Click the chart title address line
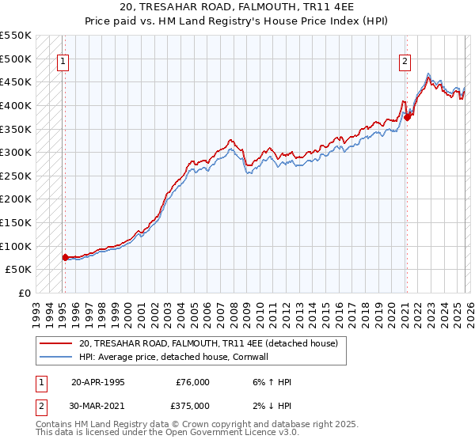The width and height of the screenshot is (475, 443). [x=237, y=7]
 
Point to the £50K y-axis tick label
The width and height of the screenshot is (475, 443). [x=19, y=269]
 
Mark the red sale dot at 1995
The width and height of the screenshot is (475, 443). [x=65, y=256]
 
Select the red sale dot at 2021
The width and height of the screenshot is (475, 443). [x=408, y=117]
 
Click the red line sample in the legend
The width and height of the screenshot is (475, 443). [x=57, y=343]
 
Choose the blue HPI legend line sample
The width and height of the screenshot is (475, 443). [x=57, y=357]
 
